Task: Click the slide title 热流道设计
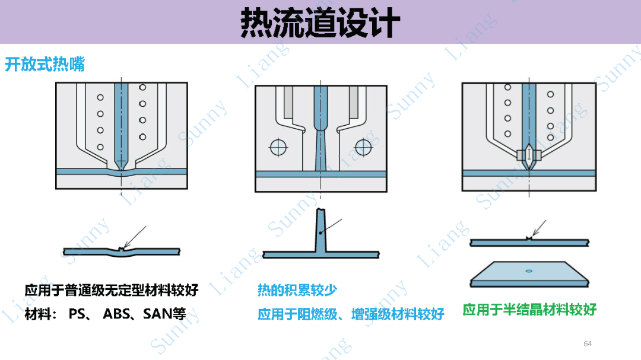[x=320, y=23]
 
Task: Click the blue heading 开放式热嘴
[x=45, y=64]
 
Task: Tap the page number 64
[x=588, y=343]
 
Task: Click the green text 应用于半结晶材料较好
[x=529, y=310]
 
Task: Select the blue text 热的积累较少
[x=297, y=289]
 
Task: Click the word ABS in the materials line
[x=116, y=314]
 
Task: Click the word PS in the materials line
[x=77, y=314]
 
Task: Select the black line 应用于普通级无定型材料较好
[x=112, y=289]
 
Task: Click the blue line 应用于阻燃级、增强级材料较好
[x=351, y=314]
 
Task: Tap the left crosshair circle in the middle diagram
[x=278, y=148]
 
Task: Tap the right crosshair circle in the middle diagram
[x=363, y=148]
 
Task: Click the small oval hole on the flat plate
[x=529, y=271]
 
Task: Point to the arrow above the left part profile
[x=135, y=237]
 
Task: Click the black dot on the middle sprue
[x=321, y=233]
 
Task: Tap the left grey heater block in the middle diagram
[x=288, y=103]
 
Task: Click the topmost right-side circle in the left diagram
[x=142, y=87]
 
